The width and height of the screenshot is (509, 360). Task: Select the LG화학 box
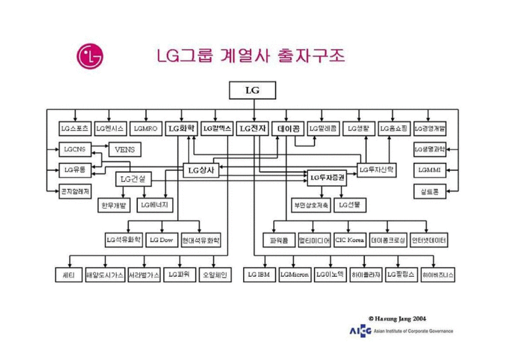coord(181,127)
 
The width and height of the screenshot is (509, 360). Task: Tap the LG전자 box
coord(252,127)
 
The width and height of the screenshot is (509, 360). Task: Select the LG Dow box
coord(161,239)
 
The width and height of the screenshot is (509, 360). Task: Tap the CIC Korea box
coord(350,239)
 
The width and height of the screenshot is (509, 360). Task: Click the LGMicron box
coord(295,275)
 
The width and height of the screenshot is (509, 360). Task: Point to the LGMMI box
coord(429,170)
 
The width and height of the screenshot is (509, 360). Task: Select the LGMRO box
coord(145,127)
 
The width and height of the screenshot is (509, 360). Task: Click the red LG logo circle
coord(90,56)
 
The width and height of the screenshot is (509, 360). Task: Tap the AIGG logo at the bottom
coord(358,331)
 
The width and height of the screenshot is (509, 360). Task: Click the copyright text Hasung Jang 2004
coord(398,318)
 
